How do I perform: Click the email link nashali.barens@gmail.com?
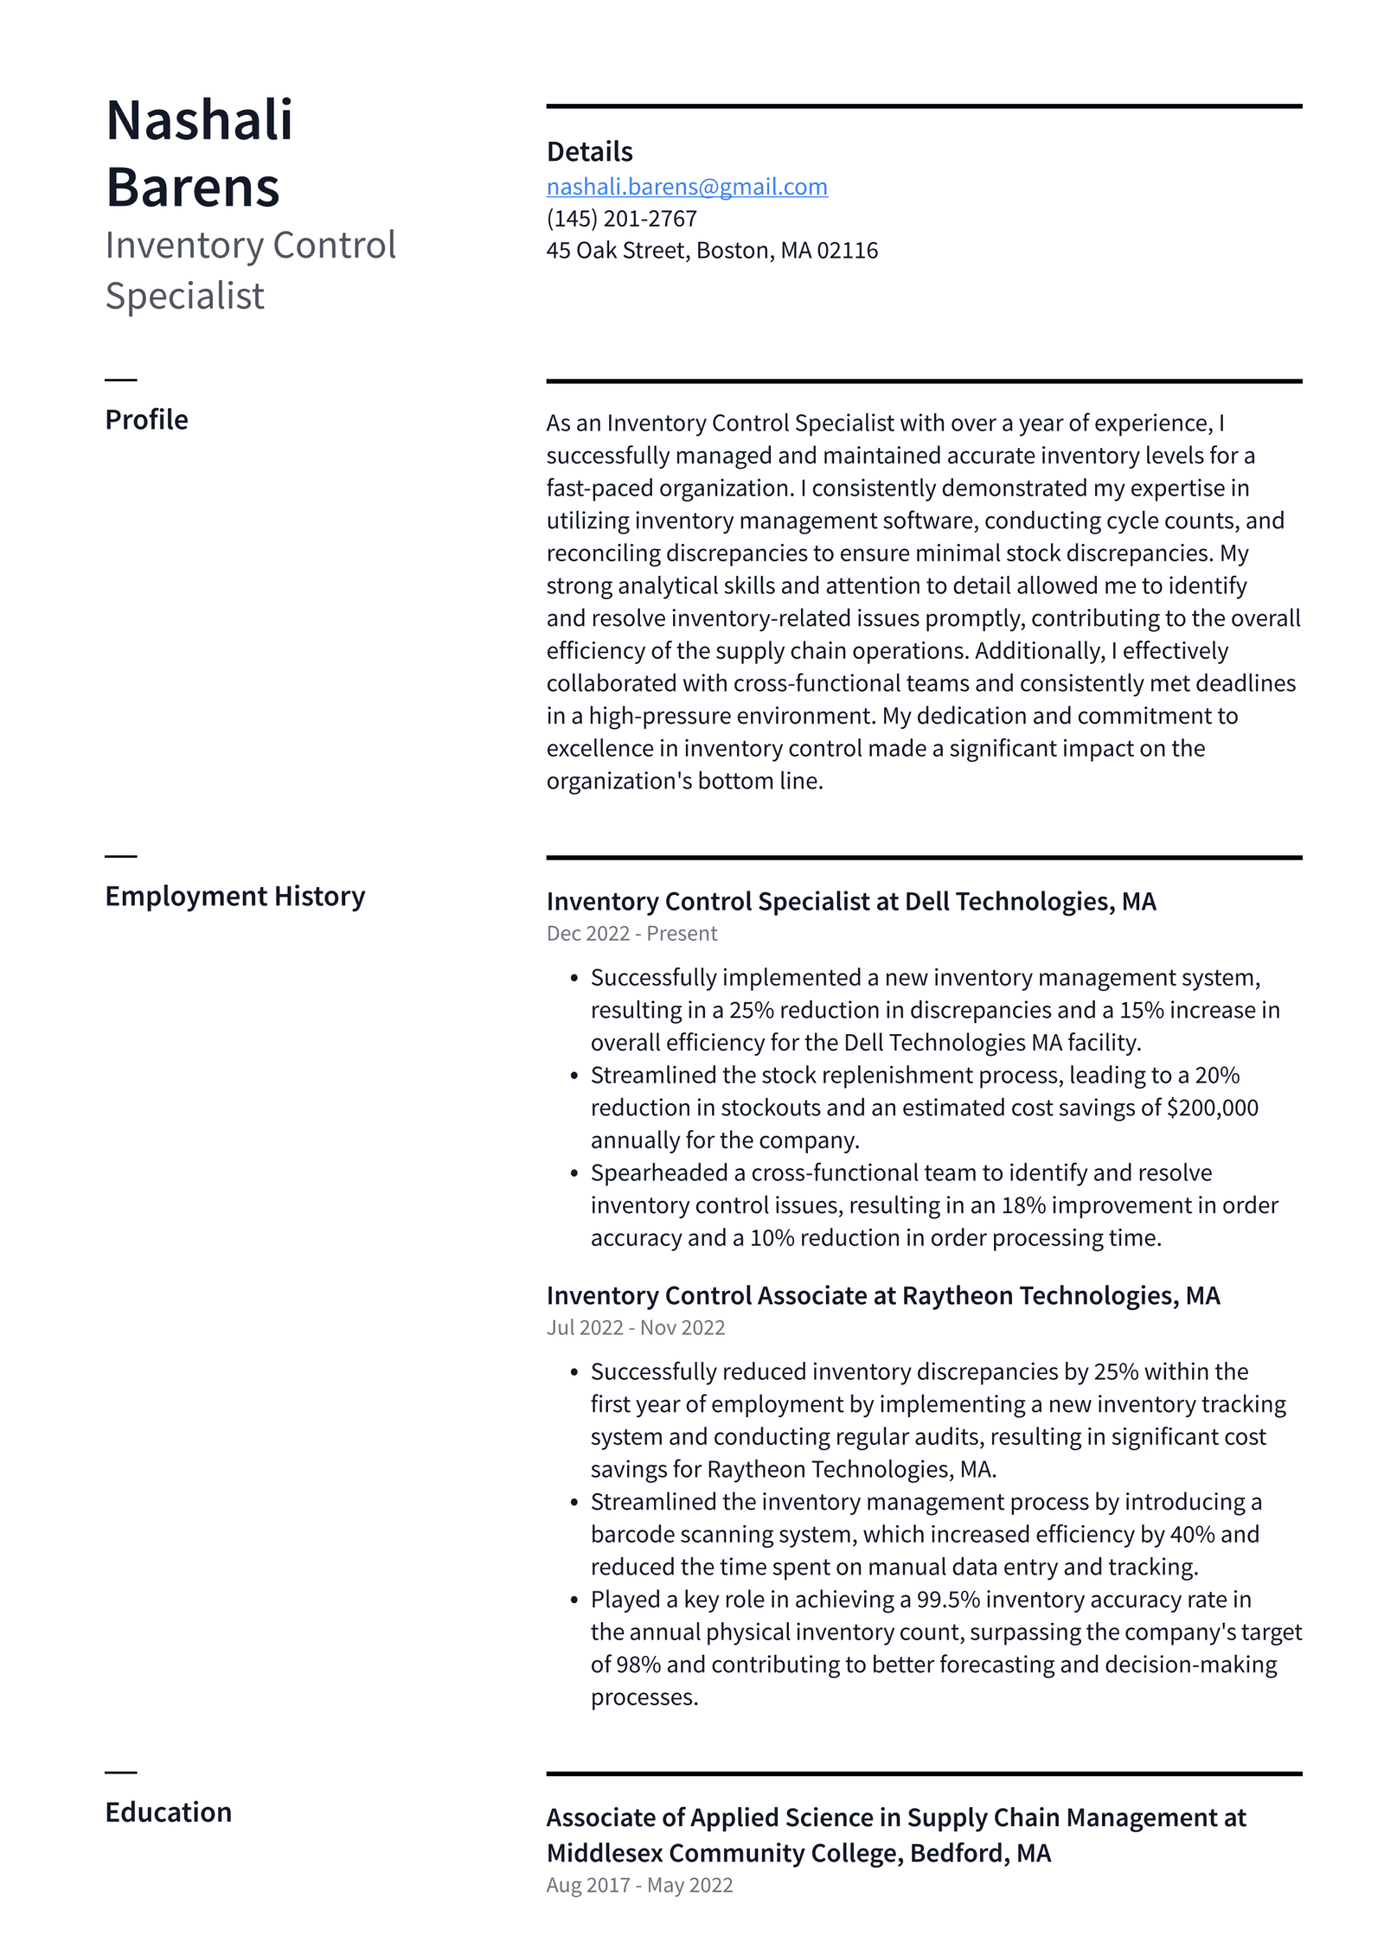686,187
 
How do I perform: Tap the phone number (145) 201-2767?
621,219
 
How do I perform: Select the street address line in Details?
711,251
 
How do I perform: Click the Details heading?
589,152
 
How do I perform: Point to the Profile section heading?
146,419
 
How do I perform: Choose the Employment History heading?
234,896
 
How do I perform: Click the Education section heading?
168,1811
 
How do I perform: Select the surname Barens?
192,187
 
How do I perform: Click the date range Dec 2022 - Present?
631,933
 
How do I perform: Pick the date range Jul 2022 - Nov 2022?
635,1327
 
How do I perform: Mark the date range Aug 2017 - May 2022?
639,1885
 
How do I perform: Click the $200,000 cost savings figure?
1211,1108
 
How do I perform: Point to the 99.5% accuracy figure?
947,1600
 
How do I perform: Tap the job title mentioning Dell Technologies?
850,901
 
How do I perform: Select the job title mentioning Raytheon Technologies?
882,1295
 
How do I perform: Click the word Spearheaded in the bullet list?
659,1172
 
